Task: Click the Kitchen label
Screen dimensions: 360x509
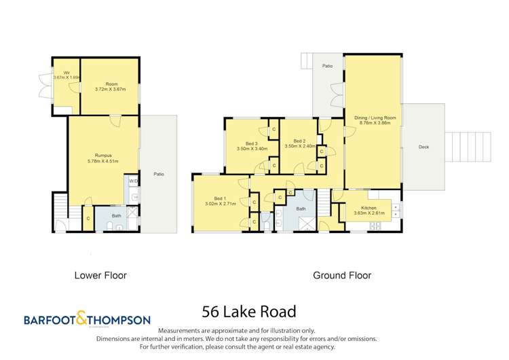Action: [369, 207]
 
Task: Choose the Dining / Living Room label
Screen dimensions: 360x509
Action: [375, 118]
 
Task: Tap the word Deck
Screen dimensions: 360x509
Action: [423, 147]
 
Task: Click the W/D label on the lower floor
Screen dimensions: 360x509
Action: [133, 182]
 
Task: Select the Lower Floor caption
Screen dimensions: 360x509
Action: [100, 276]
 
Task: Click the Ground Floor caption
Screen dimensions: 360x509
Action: [341, 276]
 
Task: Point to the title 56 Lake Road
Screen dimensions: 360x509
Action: [249, 312]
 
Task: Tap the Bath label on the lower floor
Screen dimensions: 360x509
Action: [116, 216]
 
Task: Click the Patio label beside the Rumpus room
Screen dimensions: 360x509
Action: [159, 175]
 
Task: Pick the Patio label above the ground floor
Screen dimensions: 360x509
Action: [327, 66]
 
